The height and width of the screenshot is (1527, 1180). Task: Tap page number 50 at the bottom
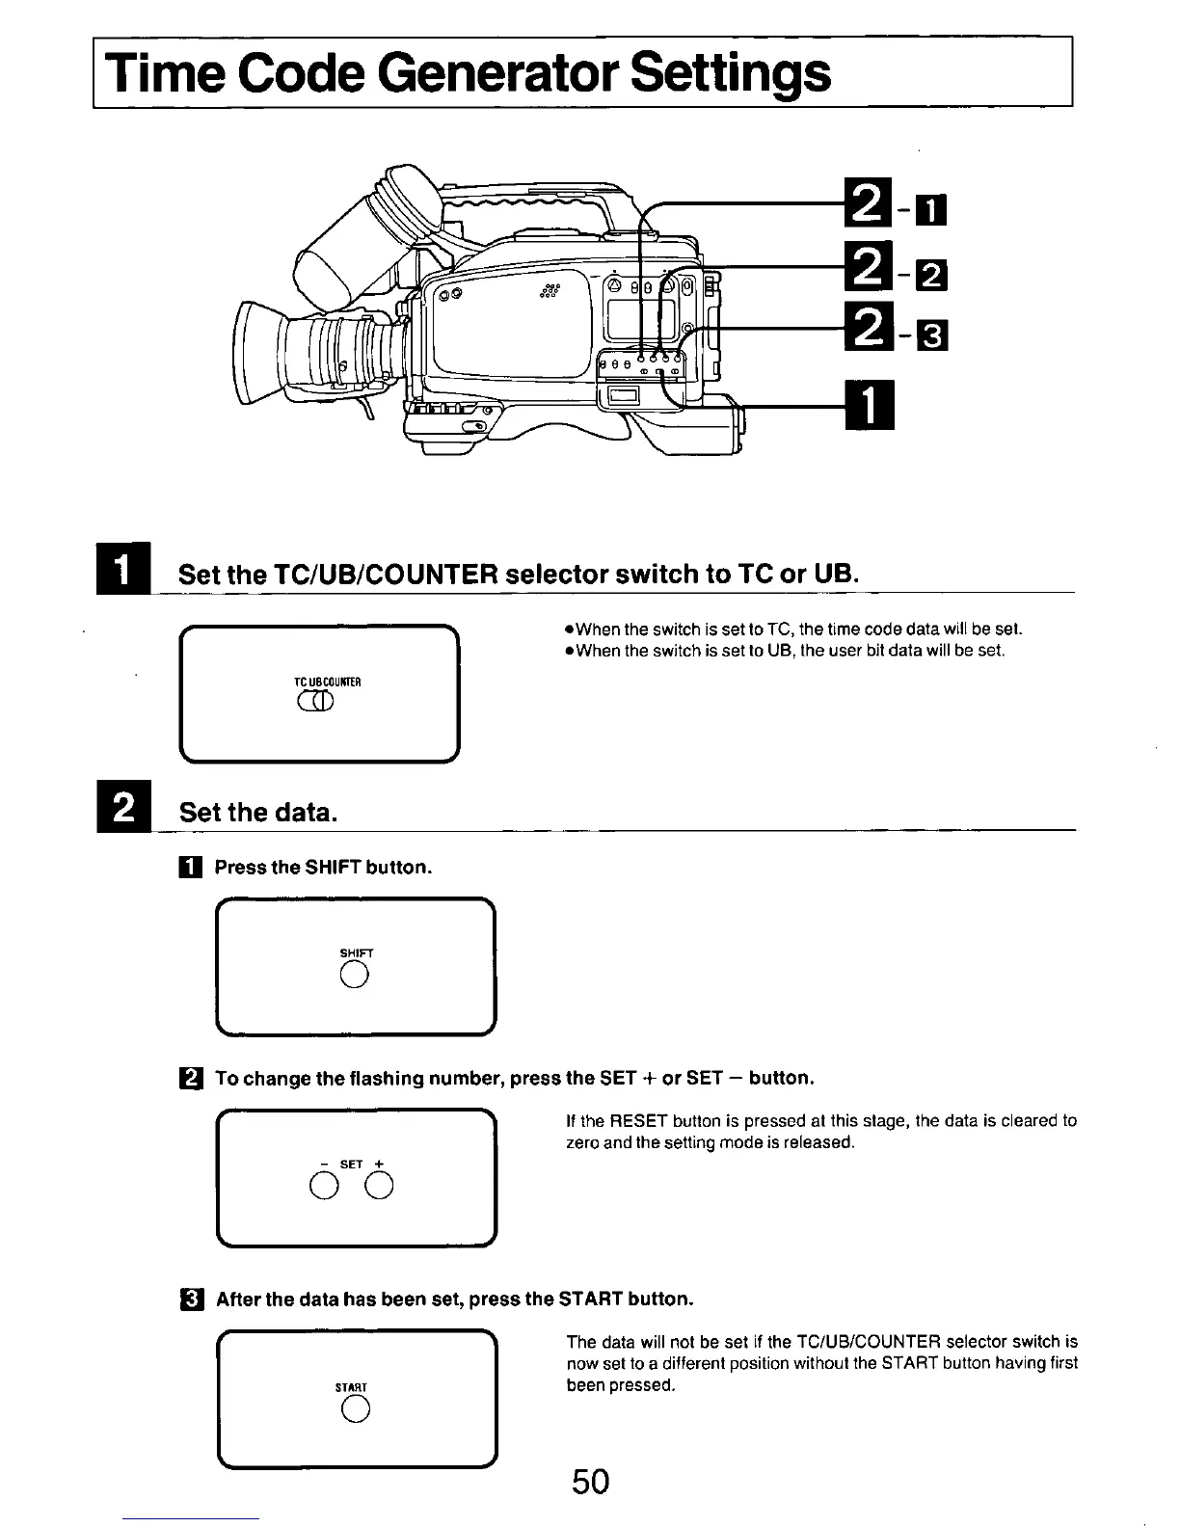coord(590,1481)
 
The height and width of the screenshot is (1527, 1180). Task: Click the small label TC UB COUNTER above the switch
coord(327,682)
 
